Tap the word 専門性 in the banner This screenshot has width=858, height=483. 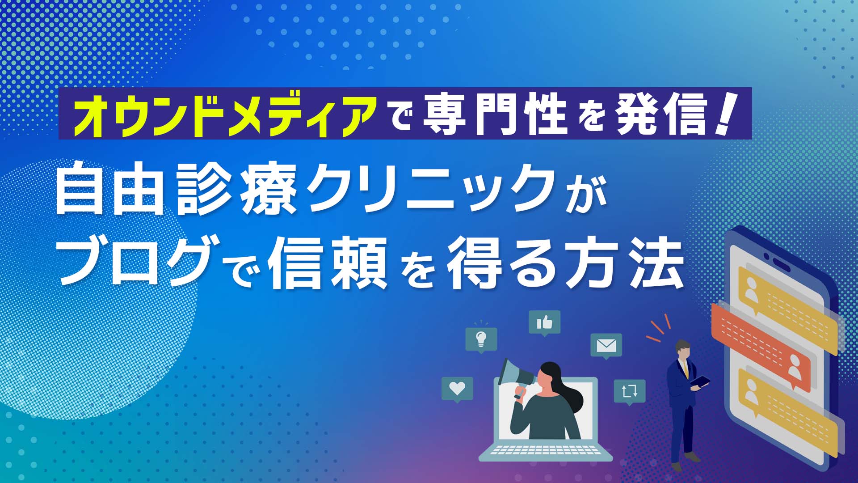[x=494, y=115]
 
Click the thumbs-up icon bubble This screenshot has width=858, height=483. [x=544, y=322]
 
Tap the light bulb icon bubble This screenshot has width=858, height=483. [x=481, y=339]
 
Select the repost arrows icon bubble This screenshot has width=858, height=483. [x=630, y=392]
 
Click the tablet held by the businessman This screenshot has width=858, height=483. [x=700, y=381]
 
